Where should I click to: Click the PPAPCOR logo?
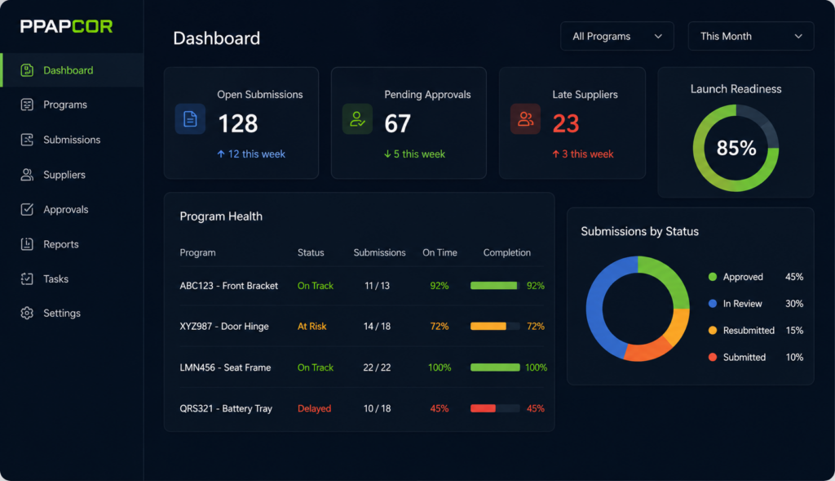tap(66, 26)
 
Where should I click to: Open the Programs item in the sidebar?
tap(65, 105)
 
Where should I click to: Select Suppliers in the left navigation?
tap(64, 175)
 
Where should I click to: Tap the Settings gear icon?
tap(27, 313)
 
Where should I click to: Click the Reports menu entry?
tap(60, 244)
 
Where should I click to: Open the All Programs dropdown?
tap(616, 36)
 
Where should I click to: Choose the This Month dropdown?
tap(751, 36)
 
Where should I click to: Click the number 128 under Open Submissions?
tap(238, 123)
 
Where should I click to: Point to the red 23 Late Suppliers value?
tap(566, 123)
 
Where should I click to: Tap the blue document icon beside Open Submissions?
tap(190, 119)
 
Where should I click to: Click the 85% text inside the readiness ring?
tap(736, 148)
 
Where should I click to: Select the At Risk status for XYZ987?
tap(311, 327)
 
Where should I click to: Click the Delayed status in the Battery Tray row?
tap(314, 408)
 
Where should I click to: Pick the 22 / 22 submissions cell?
tap(377, 367)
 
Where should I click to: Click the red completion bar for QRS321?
tap(483, 408)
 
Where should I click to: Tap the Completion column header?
tap(507, 253)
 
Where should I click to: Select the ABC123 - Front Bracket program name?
tap(228, 286)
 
